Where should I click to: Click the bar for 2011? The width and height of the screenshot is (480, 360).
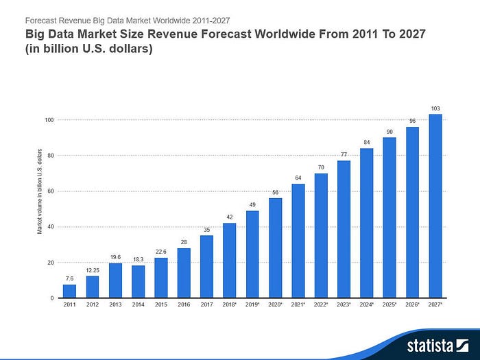tap(69, 291)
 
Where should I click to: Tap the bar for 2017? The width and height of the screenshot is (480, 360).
tap(206, 267)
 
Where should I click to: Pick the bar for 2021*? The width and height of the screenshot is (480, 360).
tap(298, 241)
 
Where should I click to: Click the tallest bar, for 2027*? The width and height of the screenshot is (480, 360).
tap(435, 206)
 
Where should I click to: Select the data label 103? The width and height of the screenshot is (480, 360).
tap(435, 108)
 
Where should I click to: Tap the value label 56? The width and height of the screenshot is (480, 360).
tap(275, 192)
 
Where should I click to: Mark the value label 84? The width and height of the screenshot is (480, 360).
tap(367, 142)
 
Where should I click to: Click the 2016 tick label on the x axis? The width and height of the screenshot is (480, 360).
tap(184, 304)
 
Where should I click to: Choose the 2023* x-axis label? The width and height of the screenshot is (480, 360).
tap(344, 304)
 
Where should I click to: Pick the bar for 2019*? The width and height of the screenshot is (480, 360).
tap(252, 254)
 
